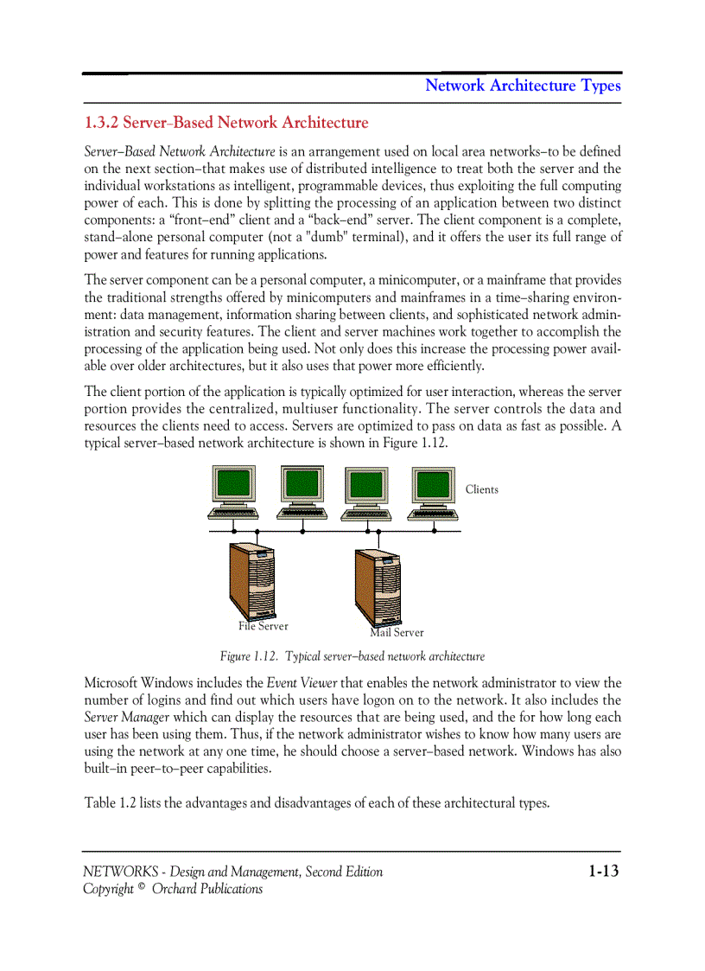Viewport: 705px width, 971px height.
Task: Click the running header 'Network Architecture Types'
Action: click(x=523, y=86)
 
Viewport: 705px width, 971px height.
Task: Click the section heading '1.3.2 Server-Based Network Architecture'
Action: click(x=226, y=123)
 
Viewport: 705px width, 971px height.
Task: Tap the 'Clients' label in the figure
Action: click(x=481, y=489)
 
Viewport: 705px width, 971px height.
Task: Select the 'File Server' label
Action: click(x=264, y=626)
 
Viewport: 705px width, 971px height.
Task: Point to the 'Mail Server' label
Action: click(x=397, y=632)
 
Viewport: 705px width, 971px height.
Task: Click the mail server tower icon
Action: click(x=378, y=585)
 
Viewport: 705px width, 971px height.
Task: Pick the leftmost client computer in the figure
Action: click(x=234, y=493)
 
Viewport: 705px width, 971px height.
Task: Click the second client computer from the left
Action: click(x=302, y=493)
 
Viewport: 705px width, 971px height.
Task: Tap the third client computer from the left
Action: click(x=367, y=493)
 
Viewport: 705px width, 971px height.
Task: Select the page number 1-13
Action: click(x=604, y=871)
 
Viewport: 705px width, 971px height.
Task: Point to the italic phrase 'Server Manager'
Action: click(x=126, y=717)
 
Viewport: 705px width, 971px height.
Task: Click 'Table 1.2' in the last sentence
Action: click(x=110, y=803)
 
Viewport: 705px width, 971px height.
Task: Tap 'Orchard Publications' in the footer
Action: click(x=207, y=889)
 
